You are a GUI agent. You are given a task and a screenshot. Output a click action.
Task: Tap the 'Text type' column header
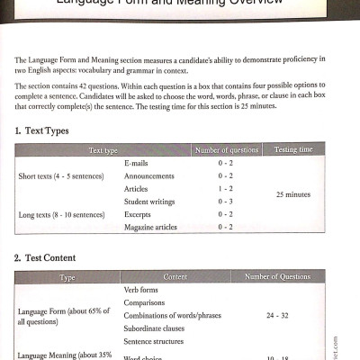point(103,150)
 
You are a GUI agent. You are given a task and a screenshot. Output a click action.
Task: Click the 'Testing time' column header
point(293,150)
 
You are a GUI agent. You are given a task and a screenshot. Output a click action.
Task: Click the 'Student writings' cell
point(152,202)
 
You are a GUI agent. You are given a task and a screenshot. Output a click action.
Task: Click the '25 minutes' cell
point(293,194)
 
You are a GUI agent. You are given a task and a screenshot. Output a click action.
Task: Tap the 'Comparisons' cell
point(147,303)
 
